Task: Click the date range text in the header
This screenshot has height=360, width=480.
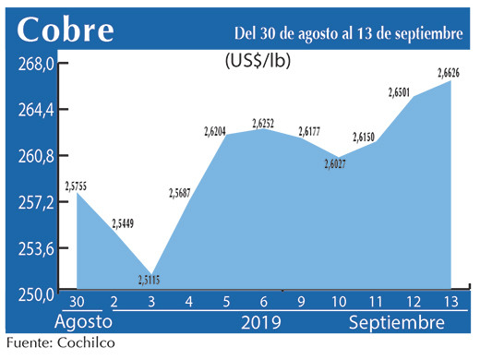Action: (348, 33)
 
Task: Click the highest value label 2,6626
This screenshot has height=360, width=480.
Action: (450, 72)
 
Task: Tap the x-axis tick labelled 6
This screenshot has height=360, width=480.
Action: (264, 302)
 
